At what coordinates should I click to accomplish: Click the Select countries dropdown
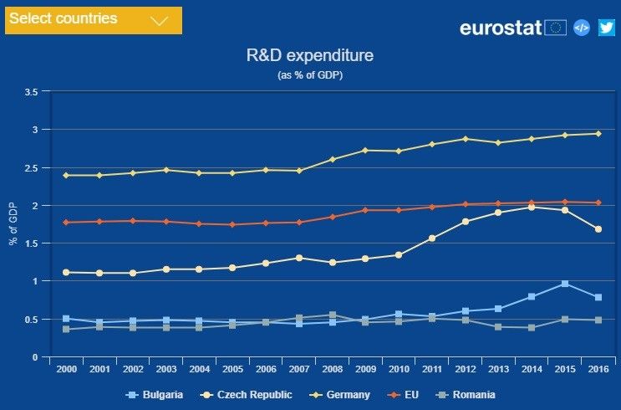94,19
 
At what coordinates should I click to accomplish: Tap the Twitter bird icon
606,27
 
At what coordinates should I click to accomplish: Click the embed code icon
582,27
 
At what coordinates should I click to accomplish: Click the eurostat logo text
501,27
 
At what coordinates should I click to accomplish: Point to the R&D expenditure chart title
310,56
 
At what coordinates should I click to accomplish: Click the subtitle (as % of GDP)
310,75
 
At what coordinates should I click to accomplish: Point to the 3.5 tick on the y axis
31,91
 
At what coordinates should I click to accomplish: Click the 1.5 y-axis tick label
31,243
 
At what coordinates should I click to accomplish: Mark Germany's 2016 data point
598,133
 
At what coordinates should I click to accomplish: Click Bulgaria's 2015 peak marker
564,284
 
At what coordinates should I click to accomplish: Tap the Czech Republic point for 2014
532,207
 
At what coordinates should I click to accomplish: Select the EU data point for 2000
66,222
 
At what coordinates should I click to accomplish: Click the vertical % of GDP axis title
13,224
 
